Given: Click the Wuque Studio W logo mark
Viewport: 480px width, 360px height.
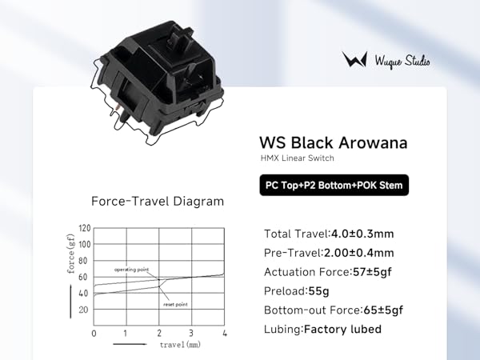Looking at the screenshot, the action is pyautogui.click(x=354, y=59).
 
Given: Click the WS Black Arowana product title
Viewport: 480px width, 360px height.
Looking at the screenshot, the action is pyautogui.click(x=334, y=142).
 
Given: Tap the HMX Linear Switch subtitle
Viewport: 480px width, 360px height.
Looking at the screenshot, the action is pyautogui.click(x=297, y=158).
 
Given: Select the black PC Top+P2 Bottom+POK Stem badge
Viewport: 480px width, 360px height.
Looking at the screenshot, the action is pyautogui.click(x=334, y=186).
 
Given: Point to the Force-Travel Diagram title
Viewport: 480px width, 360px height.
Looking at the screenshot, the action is pyautogui.click(x=158, y=202).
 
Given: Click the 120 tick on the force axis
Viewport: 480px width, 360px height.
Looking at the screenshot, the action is pyautogui.click(x=85, y=228).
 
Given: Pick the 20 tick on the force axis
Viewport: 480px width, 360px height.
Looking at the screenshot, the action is pyautogui.click(x=83, y=310).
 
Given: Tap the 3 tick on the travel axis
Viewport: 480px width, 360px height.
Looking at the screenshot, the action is pyautogui.click(x=191, y=333).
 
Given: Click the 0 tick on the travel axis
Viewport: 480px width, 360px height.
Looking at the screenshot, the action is pyautogui.click(x=94, y=334).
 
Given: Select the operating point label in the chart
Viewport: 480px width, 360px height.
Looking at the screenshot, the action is pyautogui.click(x=132, y=270).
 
